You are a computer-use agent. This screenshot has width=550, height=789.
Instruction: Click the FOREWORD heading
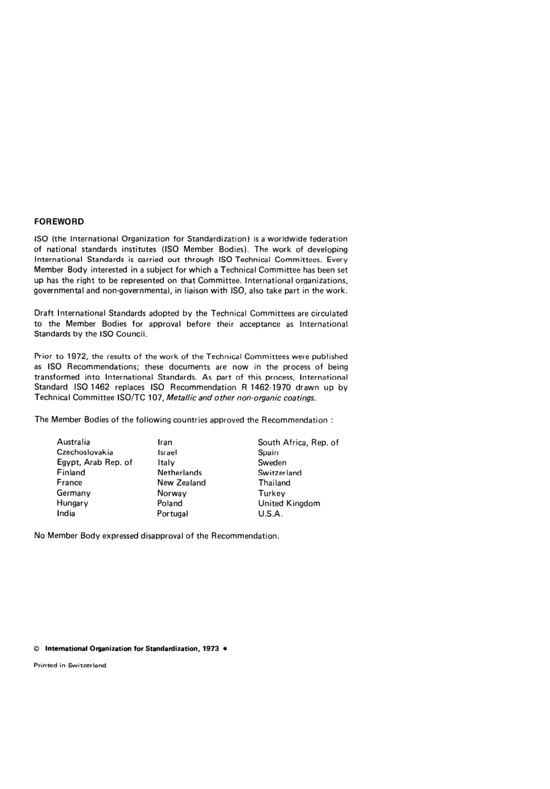point(59,222)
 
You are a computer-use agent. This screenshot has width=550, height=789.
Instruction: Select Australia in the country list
point(74,442)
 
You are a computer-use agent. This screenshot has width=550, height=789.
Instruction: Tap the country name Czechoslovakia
point(85,452)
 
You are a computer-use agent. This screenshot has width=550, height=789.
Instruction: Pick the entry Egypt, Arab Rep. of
point(94,463)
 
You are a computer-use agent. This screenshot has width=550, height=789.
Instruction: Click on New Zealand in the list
point(181,483)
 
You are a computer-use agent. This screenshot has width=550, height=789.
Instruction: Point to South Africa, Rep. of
point(298,442)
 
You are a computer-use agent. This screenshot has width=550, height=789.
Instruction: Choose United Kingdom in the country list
point(289,504)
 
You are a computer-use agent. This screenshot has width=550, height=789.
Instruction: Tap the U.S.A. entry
point(270,514)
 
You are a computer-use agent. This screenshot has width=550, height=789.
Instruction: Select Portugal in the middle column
point(173,514)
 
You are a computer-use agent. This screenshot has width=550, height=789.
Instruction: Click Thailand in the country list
point(274,483)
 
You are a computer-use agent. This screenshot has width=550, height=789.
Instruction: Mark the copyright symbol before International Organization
point(36,649)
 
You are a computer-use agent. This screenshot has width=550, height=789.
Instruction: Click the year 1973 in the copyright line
point(211,649)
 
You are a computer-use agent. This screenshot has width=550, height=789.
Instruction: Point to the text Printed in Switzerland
point(70,666)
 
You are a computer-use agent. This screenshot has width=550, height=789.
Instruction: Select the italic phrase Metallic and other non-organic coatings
point(241,398)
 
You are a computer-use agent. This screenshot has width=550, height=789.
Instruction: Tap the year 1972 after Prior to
point(77,357)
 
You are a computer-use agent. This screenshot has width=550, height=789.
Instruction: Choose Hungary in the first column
point(72,504)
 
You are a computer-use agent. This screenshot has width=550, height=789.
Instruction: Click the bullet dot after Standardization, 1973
point(225,649)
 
